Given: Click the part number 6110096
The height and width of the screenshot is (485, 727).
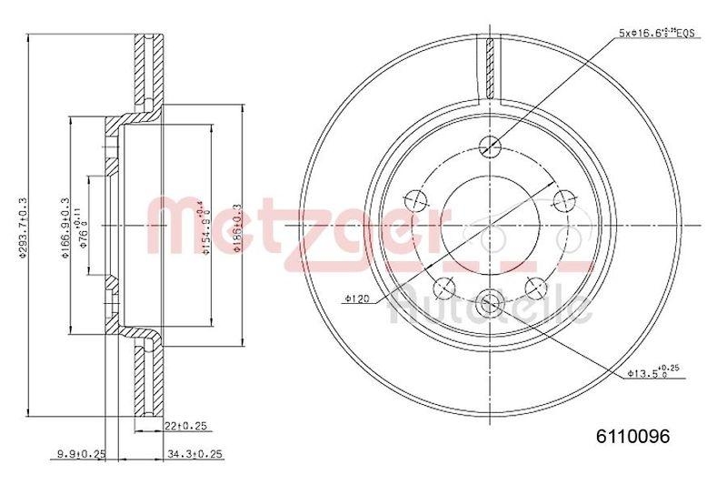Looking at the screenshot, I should click(632, 436).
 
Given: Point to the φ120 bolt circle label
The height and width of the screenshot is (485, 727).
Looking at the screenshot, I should click(356, 298).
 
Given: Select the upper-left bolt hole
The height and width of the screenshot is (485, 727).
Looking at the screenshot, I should click(414, 199).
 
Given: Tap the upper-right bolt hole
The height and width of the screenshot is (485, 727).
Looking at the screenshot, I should click(564, 199).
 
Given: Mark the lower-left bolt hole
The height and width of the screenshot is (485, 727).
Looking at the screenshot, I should click(443, 288).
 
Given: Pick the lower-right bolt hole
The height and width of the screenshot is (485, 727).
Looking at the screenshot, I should click(536, 288).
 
